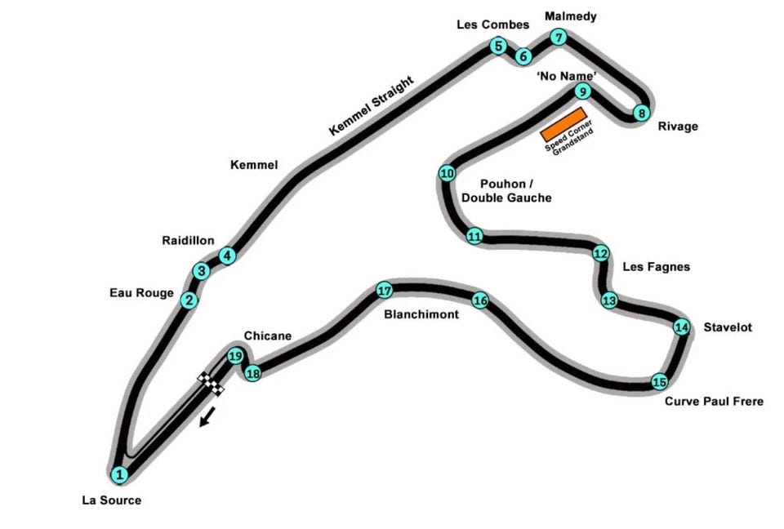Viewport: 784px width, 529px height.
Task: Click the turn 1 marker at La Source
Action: point(119,473)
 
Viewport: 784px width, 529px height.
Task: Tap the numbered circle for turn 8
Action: point(642,113)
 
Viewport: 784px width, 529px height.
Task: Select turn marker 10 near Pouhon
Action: point(447,173)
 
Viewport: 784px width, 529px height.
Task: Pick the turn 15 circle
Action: point(660,381)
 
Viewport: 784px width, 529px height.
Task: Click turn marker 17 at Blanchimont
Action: point(385,290)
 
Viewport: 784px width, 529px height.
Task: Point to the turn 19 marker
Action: point(235,356)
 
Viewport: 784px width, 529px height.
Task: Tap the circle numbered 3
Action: point(201,271)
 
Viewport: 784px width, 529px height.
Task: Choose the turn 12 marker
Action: point(601,253)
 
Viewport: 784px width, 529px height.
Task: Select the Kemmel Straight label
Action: point(372,106)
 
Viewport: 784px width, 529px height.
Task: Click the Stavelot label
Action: point(727,327)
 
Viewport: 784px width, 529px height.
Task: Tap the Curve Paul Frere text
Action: point(714,401)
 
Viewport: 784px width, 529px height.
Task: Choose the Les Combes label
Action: point(492,25)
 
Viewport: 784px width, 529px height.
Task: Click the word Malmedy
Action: point(570,16)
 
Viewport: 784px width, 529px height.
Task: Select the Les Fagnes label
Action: point(656,266)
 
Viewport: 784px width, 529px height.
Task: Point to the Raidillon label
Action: point(188,241)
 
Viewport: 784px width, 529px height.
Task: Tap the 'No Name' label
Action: point(566,75)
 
